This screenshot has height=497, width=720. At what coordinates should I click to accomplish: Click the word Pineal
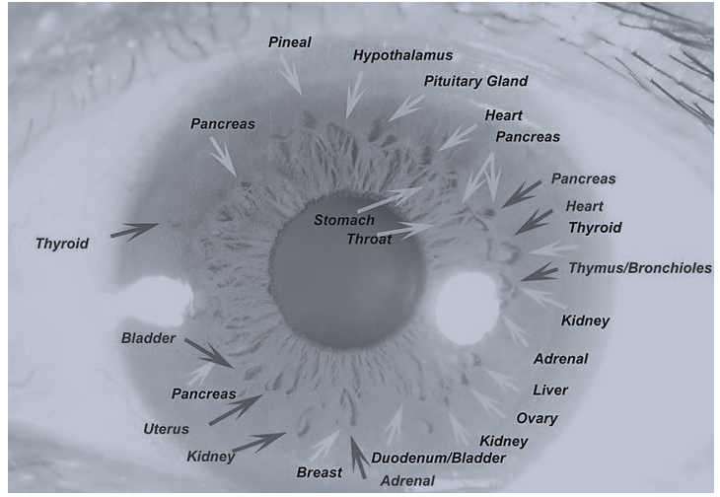pyautogui.click(x=290, y=42)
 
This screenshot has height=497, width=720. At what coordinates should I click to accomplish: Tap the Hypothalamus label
pyautogui.click(x=402, y=55)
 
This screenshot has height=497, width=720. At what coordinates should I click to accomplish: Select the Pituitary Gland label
pyautogui.click(x=475, y=81)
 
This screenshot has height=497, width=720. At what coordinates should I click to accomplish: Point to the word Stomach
pyautogui.click(x=344, y=219)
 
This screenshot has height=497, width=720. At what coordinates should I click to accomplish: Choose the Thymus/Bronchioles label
pyautogui.click(x=639, y=268)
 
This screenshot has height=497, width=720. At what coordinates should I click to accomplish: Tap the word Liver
pyautogui.click(x=550, y=390)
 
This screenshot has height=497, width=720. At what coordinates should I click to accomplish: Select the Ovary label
pyautogui.click(x=537, y=418)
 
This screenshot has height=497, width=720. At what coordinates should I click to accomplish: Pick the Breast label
pyautogui.click(x=320, y=472)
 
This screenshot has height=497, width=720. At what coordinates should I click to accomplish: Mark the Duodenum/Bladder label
pyautogui.click(x=438, y=459)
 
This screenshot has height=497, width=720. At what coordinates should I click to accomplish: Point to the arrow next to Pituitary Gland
pyautogui.click(x=405, y=106)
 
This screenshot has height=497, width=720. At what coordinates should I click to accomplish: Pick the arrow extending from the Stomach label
pyautogui.click(x=390, y=199)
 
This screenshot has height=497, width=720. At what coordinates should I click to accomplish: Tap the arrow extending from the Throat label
pyautogui.click(x=404, y=232)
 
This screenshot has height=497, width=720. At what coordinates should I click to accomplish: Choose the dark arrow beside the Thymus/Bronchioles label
pyautogui.click(x=539, y=272)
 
